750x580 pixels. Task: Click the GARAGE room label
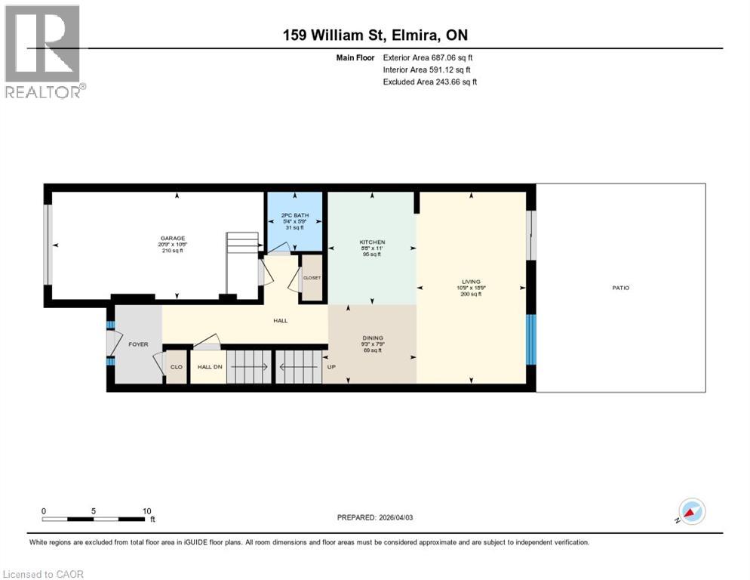click(172, 238)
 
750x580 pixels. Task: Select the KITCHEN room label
click(372, 242)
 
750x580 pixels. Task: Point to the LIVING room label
click(472, 282)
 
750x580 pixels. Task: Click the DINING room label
click(373, 338)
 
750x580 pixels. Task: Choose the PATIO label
click(621, 288)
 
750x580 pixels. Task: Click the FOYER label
click(138, 344)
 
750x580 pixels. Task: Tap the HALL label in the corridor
click(281, 320)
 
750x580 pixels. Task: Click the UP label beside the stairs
click(330, 367)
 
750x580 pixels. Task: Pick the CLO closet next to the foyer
click(176, 367)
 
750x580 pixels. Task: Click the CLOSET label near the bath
click(312, 278)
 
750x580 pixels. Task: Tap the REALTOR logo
click(44, 51)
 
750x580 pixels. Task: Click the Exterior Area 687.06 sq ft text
click(428, 57)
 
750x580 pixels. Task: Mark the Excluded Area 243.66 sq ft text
click(429, 82)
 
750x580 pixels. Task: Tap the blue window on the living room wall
click(531, 338)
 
